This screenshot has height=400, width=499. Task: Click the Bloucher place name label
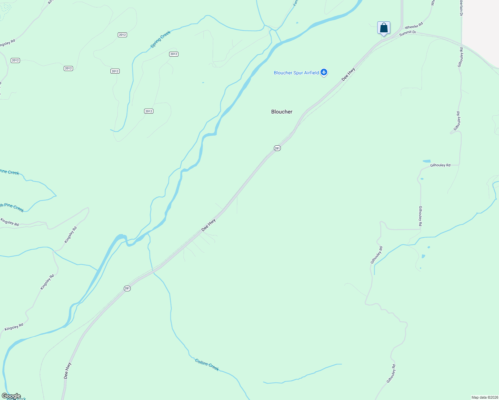282,112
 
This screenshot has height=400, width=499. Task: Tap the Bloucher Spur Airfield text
296,73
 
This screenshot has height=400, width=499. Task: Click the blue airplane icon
324,72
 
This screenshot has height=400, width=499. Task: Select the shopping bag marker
384,28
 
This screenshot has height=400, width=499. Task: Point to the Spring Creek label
160,39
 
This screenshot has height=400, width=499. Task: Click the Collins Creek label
207,365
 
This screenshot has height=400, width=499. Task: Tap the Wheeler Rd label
414,26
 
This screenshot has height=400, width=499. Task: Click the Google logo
11,396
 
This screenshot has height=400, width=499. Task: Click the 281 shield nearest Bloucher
277,148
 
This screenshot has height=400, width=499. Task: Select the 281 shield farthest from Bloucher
127,288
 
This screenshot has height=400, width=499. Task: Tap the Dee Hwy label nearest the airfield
348,74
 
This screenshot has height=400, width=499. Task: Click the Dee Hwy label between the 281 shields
208,225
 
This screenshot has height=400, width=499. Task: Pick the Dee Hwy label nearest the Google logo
67,370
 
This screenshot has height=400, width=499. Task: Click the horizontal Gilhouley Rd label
440,165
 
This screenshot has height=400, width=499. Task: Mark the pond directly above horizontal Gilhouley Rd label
426,161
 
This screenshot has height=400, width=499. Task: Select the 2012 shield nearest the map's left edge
15,60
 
